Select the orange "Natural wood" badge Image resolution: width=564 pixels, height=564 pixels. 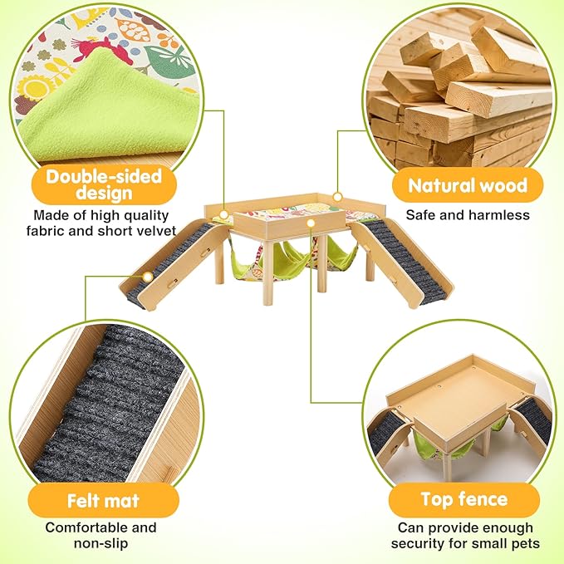click(x=468, y=185)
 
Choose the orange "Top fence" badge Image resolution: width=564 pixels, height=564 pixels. click(x=463, y=500)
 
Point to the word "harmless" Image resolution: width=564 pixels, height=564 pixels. click(x=499, y=215)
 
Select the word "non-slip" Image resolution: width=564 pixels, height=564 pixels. click(x=101, y=543)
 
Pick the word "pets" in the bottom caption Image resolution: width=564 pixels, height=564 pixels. click(x=525, y=544)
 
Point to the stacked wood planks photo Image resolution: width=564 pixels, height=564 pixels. click(x=460, y=91)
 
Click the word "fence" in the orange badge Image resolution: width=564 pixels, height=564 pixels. click(x=493, y=500)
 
